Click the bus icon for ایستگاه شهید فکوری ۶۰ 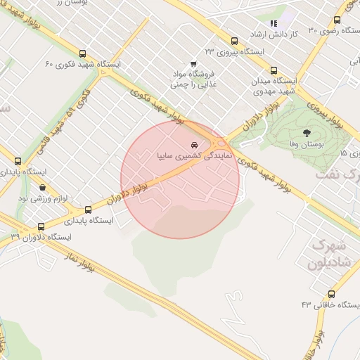point(83,53)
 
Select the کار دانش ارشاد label point(295,33)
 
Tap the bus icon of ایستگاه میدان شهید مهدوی point(274,70)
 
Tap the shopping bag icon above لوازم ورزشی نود point(43,188)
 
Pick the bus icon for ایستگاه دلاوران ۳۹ point(40,227)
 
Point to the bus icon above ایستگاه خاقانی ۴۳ point(331,294)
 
